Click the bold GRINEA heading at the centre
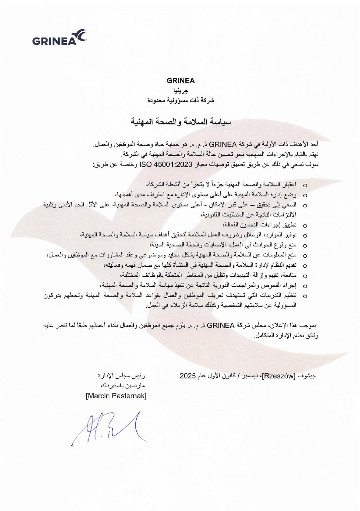coord(181,81)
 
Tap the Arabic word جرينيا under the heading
coord(181,91)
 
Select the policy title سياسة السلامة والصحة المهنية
coord(181,122)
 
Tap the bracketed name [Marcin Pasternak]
coord(116,396)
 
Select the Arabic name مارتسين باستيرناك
coord(123,386)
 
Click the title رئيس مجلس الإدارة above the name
coord(122,376)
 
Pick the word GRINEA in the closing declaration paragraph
coord(221,326)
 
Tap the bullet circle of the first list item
coord(305,185)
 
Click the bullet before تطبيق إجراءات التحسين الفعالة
coord(305,225)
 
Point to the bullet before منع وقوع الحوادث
coord(305,245)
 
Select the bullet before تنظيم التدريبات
coord(305,296)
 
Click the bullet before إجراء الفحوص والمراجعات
coord(305,286)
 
